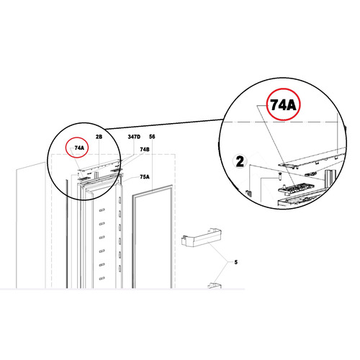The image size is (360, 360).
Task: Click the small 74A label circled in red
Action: (79, 148)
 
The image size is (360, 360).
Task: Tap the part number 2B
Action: (99, 135)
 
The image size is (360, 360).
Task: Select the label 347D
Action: (133, 136)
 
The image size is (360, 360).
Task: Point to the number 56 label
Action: (152, 136)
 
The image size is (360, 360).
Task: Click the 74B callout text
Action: (145, 150)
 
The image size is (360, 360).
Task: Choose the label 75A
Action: (145, 176)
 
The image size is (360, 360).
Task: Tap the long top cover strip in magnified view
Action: (310, 158)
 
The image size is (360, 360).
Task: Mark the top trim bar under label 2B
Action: (101, 166)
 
